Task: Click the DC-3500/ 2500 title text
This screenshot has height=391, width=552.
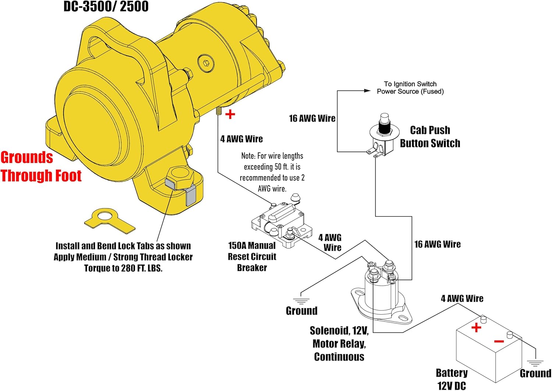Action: point(106,7)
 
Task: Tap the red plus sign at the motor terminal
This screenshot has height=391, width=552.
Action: point(230,114)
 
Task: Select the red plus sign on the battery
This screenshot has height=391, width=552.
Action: point(476,327)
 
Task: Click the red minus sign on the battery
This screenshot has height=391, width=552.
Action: point(499,342)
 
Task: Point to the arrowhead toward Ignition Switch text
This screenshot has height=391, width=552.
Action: point(367,90)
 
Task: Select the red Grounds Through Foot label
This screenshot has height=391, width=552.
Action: point(40,166)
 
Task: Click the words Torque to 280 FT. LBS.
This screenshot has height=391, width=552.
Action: point(123,268)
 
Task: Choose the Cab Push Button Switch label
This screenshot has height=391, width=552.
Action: point(430,137)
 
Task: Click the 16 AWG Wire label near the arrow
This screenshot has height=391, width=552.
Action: point(312,118)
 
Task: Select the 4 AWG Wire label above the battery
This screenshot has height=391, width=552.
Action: point(462,298)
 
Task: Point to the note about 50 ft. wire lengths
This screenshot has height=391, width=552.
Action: point(272,172)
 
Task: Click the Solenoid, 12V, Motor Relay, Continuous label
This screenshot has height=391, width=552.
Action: point(339,344)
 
